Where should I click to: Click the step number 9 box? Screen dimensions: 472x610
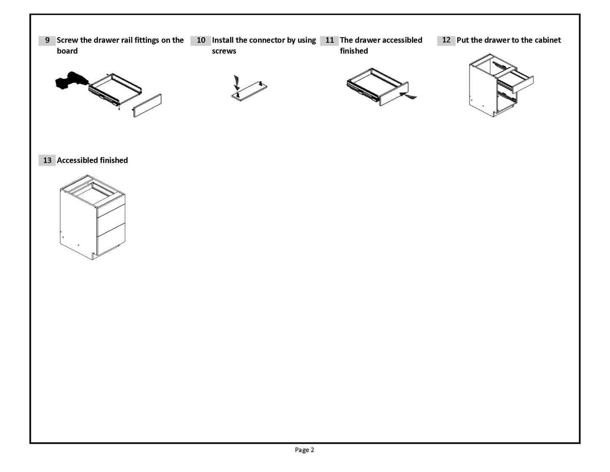click(x=47, y=41)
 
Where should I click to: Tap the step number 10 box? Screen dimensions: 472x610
click(x=201, y=41)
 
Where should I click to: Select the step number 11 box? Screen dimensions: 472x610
click(x=329, y=41)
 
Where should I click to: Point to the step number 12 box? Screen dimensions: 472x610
click(x=446, y=41)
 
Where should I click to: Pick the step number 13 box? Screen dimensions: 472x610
click(x=47, y=161)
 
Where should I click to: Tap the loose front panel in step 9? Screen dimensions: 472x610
click(x=147, y=105)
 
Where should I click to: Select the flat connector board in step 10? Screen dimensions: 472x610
click(x=250, y=90)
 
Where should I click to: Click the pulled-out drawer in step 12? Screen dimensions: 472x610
click(x=516, y=80)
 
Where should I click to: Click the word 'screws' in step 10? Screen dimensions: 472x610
click(x=224, y=51)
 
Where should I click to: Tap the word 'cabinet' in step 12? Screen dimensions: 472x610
click(x=548, y=41)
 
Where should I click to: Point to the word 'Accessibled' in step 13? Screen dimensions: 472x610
click(x=77, y=161)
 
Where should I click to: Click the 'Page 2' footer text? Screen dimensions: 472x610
click(x=304, y=450)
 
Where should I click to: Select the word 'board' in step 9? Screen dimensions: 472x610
click(x=67, y=51)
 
